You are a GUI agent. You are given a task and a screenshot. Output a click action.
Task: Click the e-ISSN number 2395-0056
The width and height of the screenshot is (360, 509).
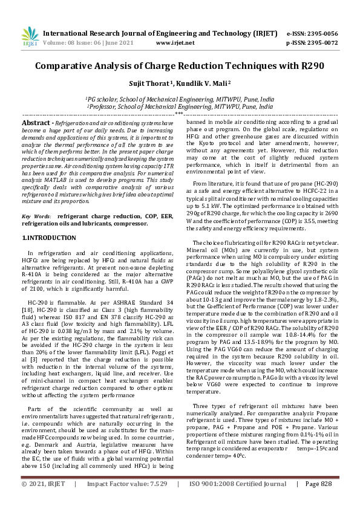[x=323, y=34]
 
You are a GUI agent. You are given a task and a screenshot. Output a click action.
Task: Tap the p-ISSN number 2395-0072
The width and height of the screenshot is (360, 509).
[x=323, y=44]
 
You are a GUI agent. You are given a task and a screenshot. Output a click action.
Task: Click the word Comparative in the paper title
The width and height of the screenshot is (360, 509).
[x=67, y=66]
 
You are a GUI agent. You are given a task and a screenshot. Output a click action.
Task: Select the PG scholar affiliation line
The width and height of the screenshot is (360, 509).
[x=179, y=98]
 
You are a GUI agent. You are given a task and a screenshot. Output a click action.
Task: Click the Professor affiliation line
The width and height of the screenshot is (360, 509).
[x=179, y=105]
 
